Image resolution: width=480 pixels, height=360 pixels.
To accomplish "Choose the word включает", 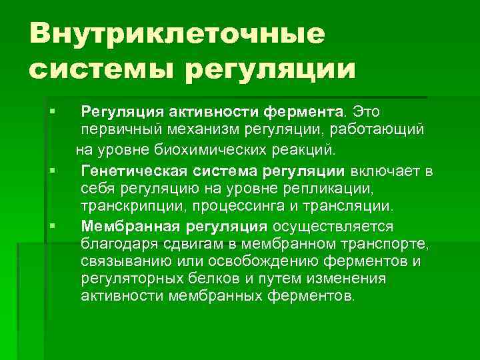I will pos(383,173).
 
